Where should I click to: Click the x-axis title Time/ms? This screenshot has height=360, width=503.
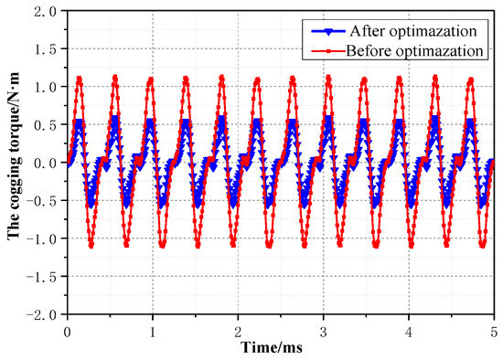[x=279, y=347]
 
